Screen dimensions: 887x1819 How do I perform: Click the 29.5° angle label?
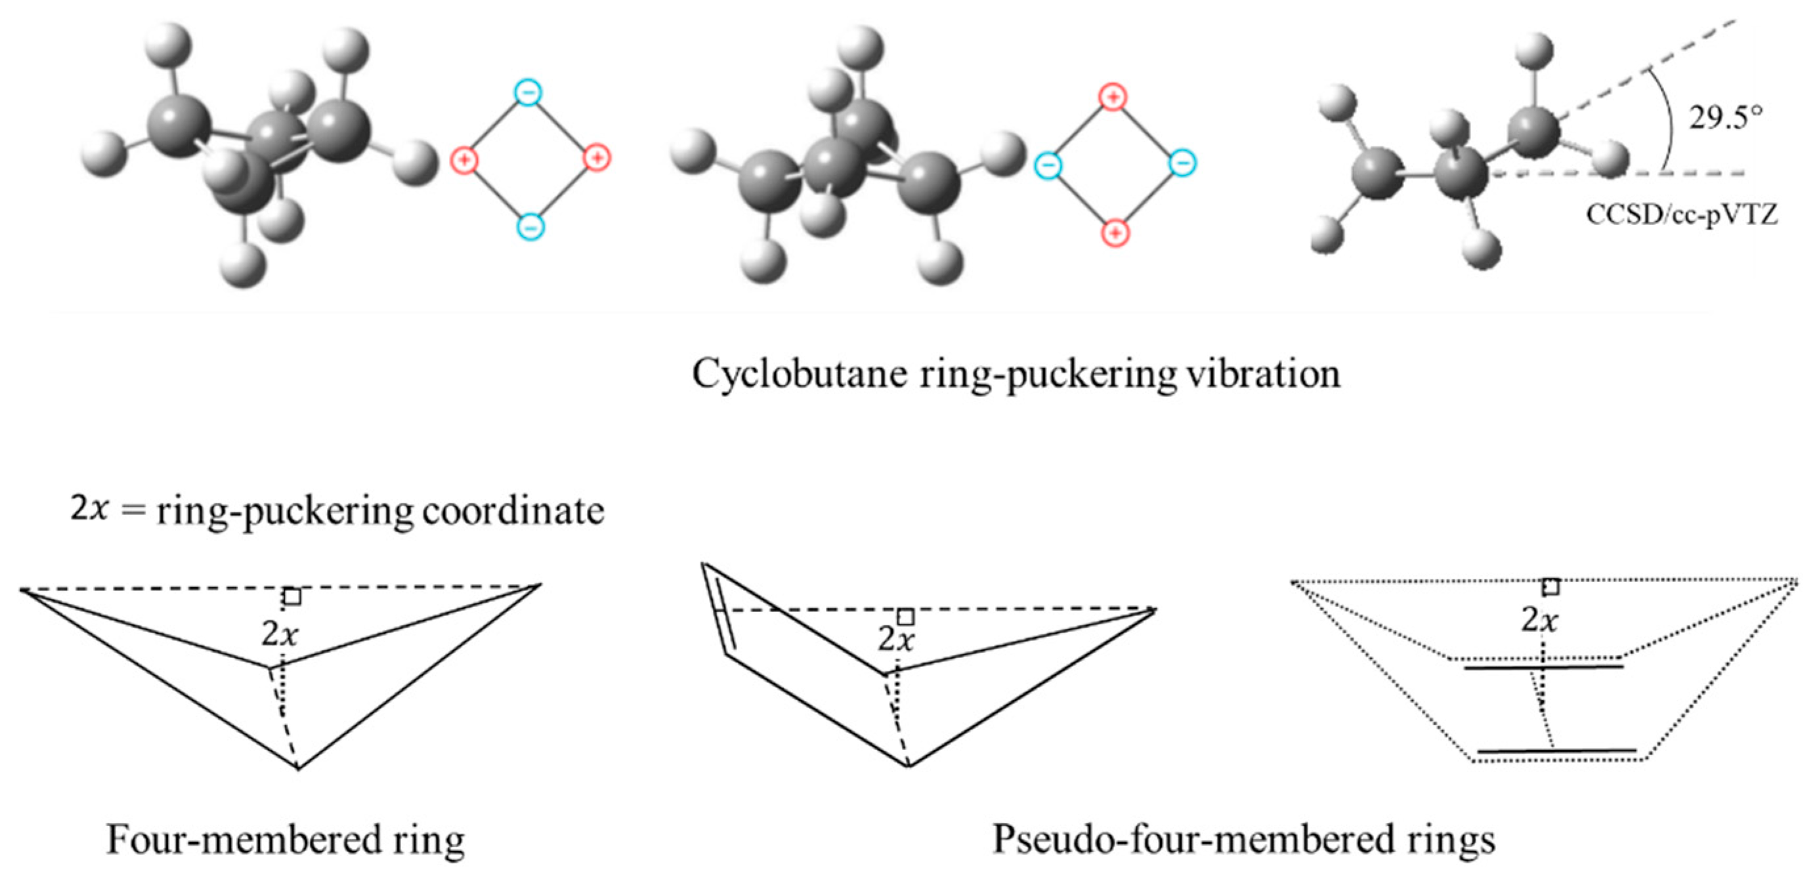click(1725, 117)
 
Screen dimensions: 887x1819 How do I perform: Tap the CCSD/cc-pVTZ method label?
click(1681, 215)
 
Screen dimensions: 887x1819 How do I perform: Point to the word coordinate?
click(513, 510)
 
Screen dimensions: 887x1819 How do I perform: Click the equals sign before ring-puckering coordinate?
click(132, 510)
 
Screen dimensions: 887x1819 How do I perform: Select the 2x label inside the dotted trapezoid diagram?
click(1540, 620)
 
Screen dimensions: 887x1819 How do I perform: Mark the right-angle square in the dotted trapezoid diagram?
click(1551, 587)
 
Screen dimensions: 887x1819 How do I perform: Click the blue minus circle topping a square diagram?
click(528, 93)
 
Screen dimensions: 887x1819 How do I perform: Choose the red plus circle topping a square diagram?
click(1113, 97)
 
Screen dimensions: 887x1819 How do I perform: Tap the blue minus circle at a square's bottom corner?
click(530, 226)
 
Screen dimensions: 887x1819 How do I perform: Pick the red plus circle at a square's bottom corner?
click(1115, 232)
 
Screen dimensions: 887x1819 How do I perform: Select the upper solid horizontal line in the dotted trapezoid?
click(1543, 667)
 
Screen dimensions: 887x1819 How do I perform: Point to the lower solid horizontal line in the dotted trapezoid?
click(1556, 751)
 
